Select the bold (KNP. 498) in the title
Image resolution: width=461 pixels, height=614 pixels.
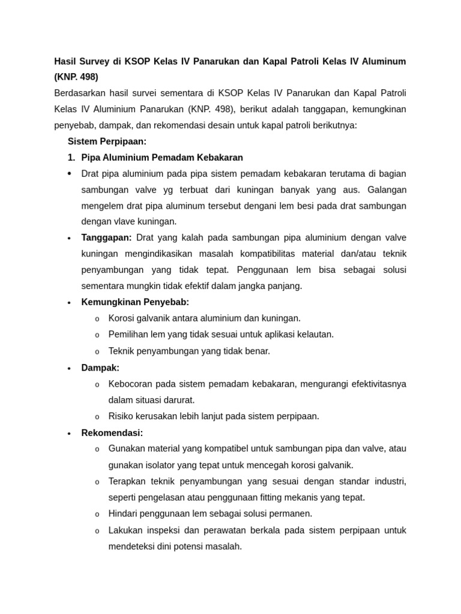coord(76,77)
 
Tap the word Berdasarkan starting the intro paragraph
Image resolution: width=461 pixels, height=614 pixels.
coord(79,93)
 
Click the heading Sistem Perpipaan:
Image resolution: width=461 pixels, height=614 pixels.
coord(107,142)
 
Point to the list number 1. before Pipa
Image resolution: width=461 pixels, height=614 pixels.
coord(71,158)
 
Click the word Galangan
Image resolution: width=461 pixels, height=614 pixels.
coord(387,189)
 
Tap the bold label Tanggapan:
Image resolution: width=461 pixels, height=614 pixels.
coord(106,237)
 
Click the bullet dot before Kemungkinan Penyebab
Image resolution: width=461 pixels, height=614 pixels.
coord(70,303)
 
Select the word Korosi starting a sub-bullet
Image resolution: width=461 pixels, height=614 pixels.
coord(121,318)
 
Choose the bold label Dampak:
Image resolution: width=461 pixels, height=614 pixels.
coord(100,368)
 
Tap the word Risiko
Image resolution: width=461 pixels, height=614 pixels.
coord(121,416)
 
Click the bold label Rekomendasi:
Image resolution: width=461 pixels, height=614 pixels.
coord(112,433)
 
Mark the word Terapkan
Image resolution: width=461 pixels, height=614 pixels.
coord(128,481)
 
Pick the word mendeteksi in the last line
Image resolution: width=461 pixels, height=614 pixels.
coord(131,546)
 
